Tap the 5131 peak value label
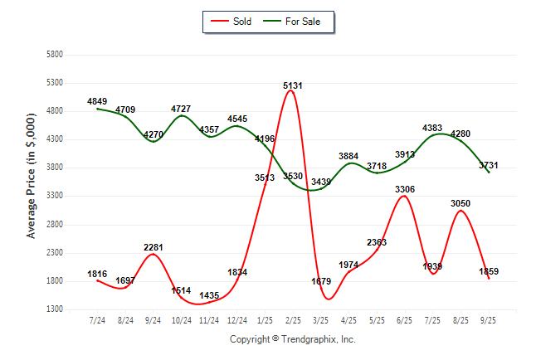pyautogui.click(x=292, y=85)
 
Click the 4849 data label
pyautogui.click(x=98, y=101)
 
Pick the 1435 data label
pyautogui.click(x=209, y=296)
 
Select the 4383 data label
pyautogui.click(x=432, y=128)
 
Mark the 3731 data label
pyautogui.click(x=489, y=166)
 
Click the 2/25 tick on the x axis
pyautogui.click(x=292, y=319)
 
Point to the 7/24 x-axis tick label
pyautogui.click(x=97, y=319)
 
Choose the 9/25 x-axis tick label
pyautogui.click(x=489, y=319)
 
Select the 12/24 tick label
pyautogui.click(x=236, y=319)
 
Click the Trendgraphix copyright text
pyautogui.click(x=292, y=339)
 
